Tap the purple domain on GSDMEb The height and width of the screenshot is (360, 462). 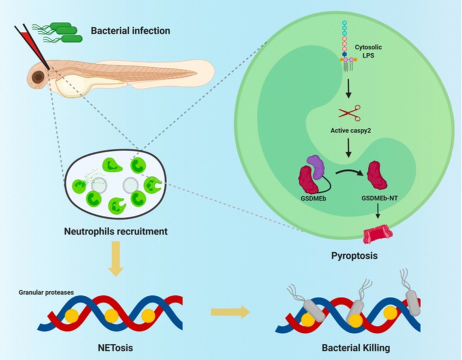click(x=317, y=167)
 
